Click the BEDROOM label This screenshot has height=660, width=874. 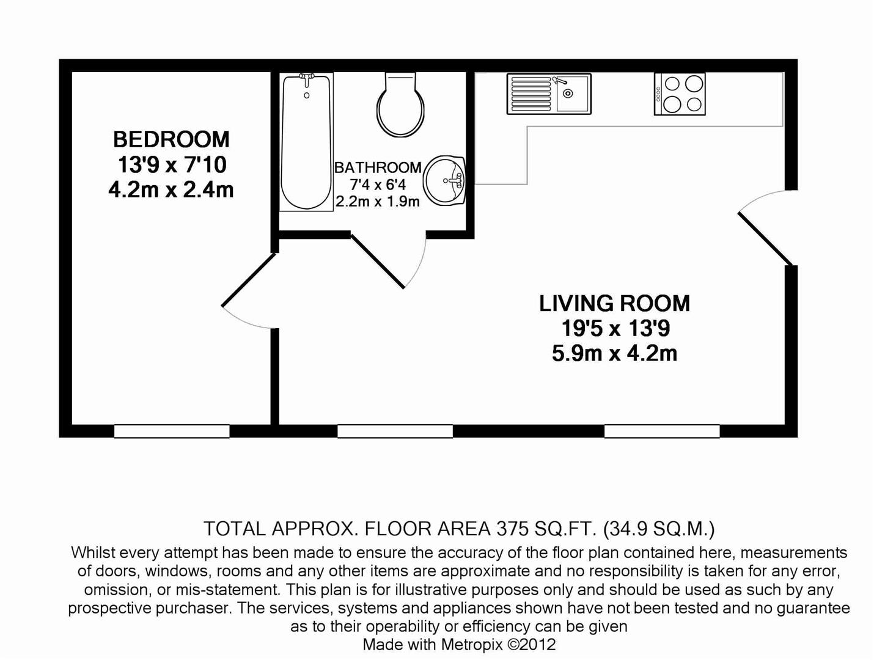coord(171,139)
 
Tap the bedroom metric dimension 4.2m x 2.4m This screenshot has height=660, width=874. coord(171,190)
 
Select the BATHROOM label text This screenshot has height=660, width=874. coord(378,167)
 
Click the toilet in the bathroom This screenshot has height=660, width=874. coord(400,106)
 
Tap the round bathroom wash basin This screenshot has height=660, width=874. coord(446,181)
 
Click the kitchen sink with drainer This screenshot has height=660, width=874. coord(548,94)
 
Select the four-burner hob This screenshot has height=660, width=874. coord(680,94)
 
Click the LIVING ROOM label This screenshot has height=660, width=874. coord(614,304)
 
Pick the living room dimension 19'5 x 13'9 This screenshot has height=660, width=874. coord(615,329)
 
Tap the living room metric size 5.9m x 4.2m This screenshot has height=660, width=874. coord(614,354)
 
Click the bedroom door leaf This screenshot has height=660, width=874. coord(249,279)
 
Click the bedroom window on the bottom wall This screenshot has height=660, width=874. coord(172,431)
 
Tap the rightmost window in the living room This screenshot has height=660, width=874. coord(662,431)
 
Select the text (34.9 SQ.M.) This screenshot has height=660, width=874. coord(659,529)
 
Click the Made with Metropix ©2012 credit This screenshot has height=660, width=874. coord(459,644)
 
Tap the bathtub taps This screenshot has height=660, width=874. coord(307,78)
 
